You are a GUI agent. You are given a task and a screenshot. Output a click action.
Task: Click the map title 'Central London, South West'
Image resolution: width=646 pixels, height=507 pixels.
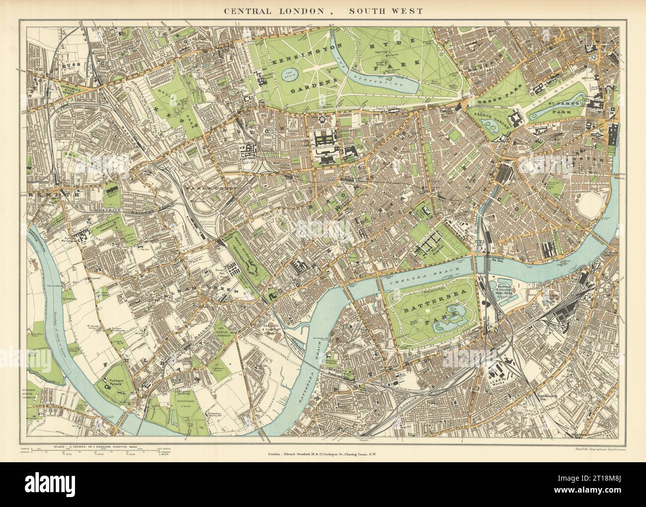323,11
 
